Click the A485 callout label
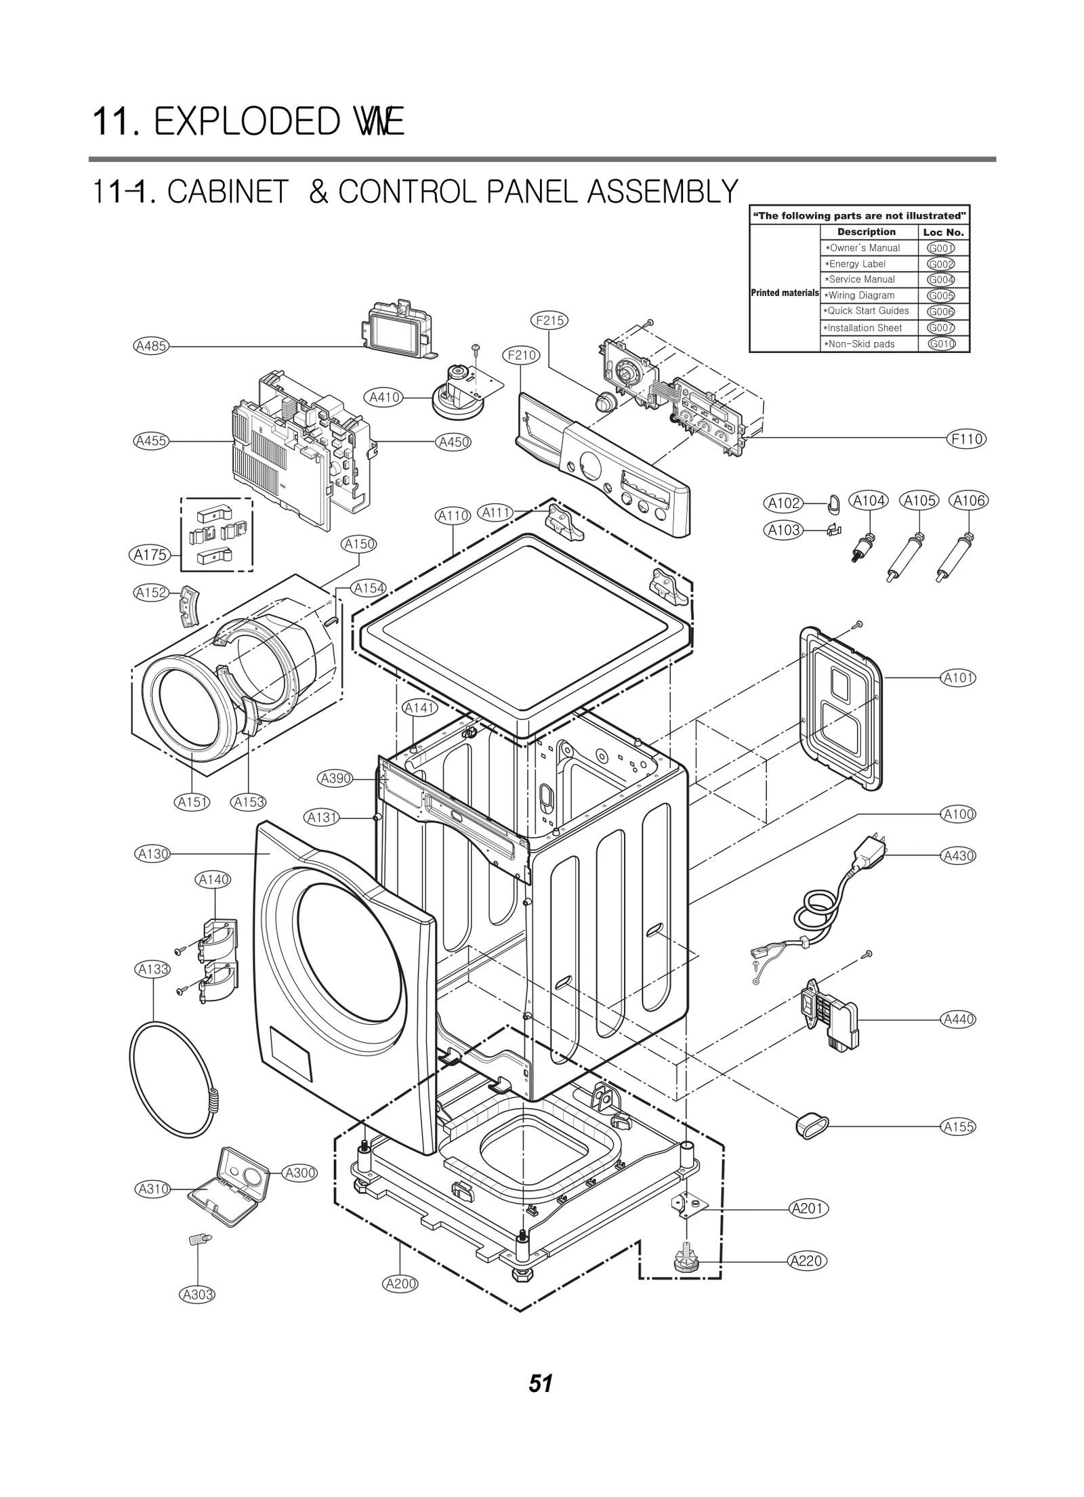(150, 346)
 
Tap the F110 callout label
(966, 439)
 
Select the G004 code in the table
(940, 280)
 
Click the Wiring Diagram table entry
(860, 295)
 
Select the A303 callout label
(197, 1294)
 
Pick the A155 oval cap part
(808, 1126)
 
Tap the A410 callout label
(384, 398)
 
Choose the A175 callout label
(150, 555)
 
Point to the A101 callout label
(958, 677)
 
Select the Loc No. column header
(943, 232)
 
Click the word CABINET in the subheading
(228, 192)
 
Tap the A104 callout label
(869, 501)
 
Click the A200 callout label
(400, 1283)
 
